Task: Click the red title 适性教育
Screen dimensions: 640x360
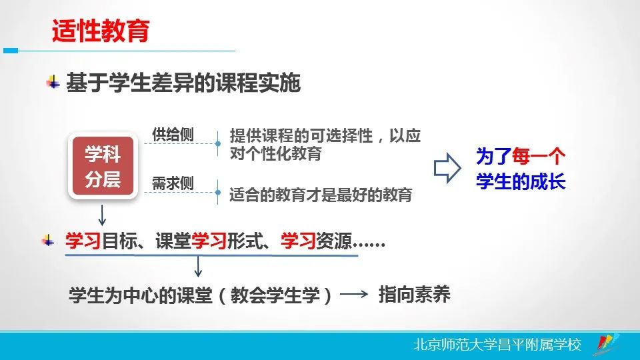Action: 101,31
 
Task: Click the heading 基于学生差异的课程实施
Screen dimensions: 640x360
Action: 183,83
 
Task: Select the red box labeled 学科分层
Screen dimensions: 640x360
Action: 103,166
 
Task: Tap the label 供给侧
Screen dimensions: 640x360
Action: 173,134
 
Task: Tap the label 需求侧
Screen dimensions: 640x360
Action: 173,183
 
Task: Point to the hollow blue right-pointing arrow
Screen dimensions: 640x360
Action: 447,168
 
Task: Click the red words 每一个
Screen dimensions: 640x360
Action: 539,156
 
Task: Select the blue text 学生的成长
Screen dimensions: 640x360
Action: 521,181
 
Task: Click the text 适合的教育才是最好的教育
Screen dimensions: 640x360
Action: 321,195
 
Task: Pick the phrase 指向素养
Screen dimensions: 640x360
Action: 414,294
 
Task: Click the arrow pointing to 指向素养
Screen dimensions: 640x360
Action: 354,294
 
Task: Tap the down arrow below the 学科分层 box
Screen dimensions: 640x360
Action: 102,215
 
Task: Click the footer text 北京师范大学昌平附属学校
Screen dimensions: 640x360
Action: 497,345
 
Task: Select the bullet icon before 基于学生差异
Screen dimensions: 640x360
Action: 53,82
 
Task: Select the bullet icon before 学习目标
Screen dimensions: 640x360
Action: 48,241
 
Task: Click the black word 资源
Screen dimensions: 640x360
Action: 333,241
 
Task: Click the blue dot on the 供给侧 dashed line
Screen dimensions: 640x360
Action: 218,144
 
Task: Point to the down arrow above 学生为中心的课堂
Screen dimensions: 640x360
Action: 198,267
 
